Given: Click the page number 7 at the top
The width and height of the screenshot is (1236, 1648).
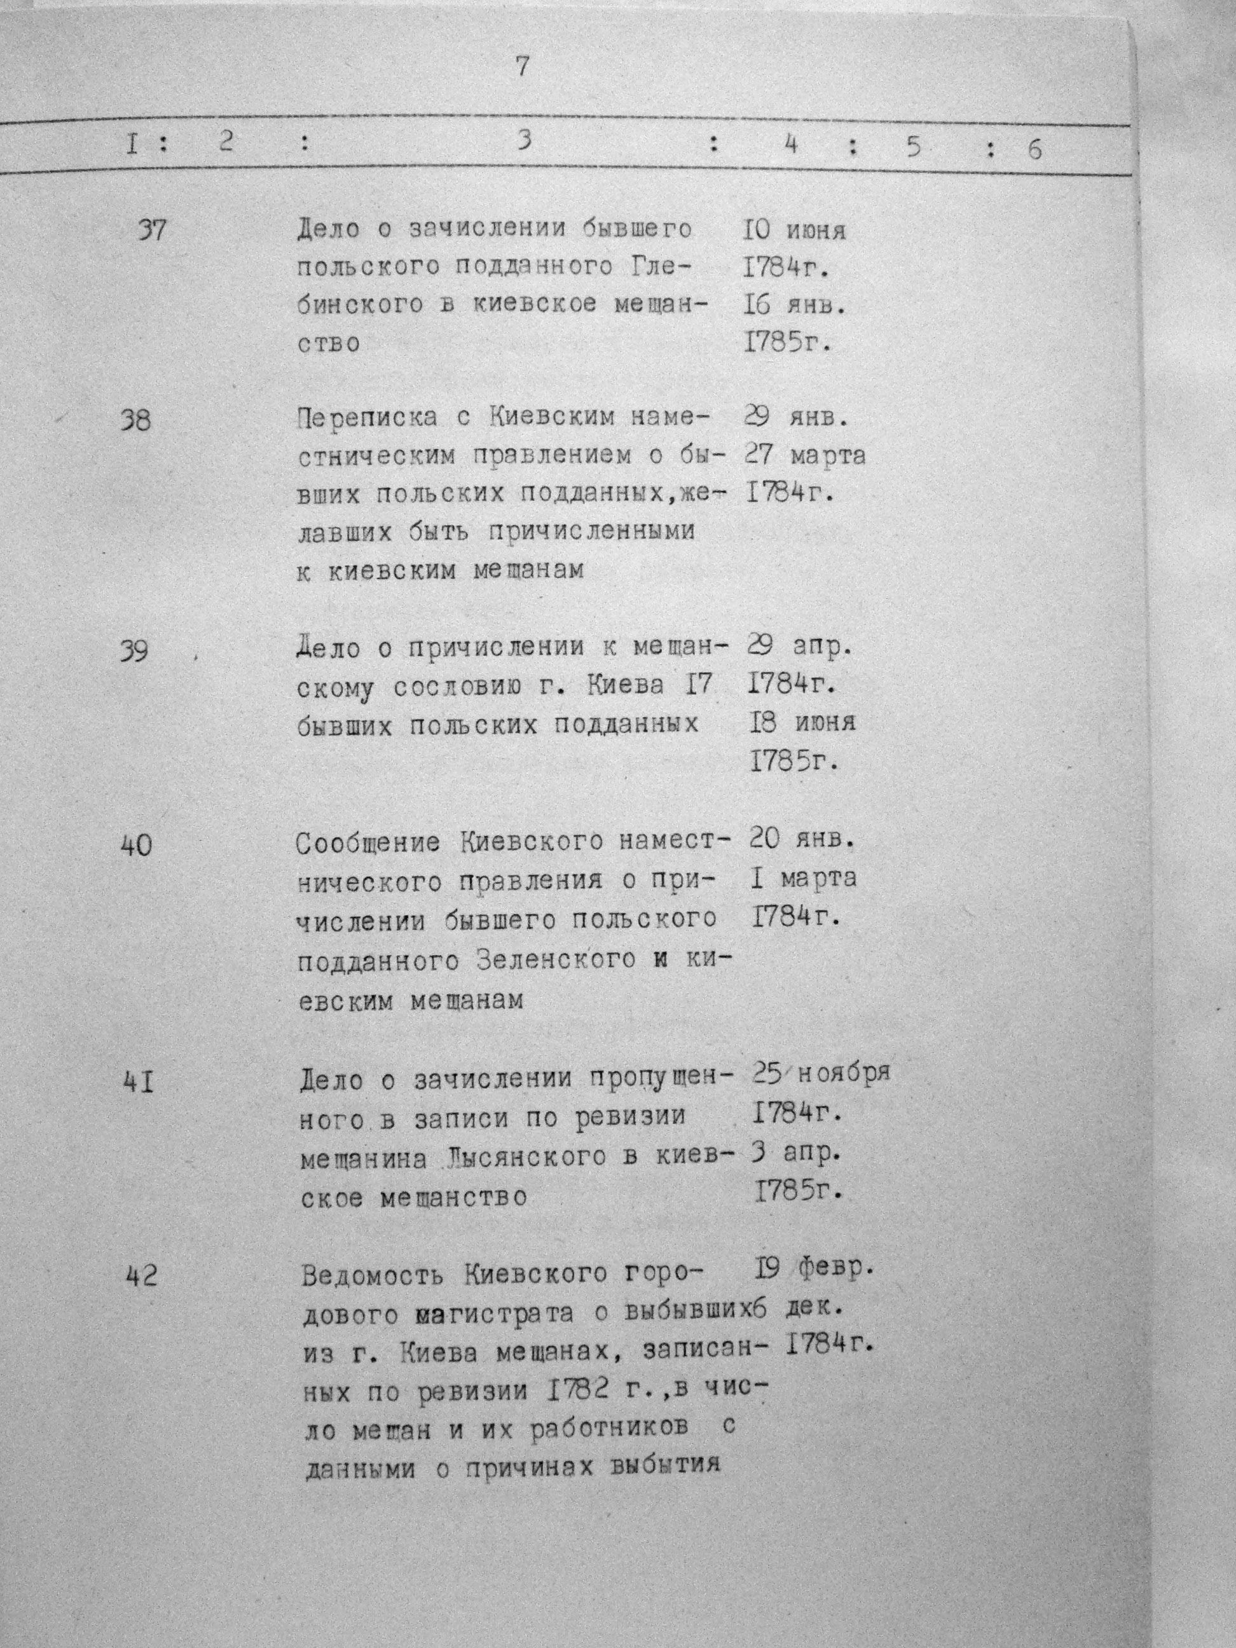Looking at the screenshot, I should [x=521, y=66].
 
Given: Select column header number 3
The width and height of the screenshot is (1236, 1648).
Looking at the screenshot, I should [x=525, y=139].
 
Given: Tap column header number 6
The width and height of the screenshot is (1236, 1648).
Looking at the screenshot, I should [x=1033, y=149].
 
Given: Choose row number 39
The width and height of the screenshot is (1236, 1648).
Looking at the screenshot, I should [x=134, y=651].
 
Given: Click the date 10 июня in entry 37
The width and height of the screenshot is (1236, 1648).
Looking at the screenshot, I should [x=794, y=230].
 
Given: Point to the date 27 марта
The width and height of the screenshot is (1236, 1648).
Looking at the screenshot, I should [x=805, y=455].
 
